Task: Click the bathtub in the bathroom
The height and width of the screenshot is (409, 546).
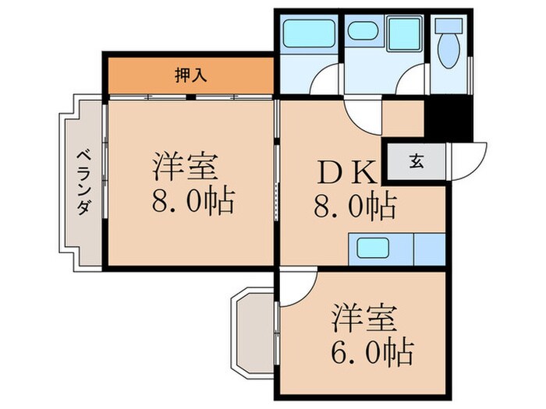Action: pos(307,33)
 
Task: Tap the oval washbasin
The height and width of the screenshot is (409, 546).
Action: pos(362,32)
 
